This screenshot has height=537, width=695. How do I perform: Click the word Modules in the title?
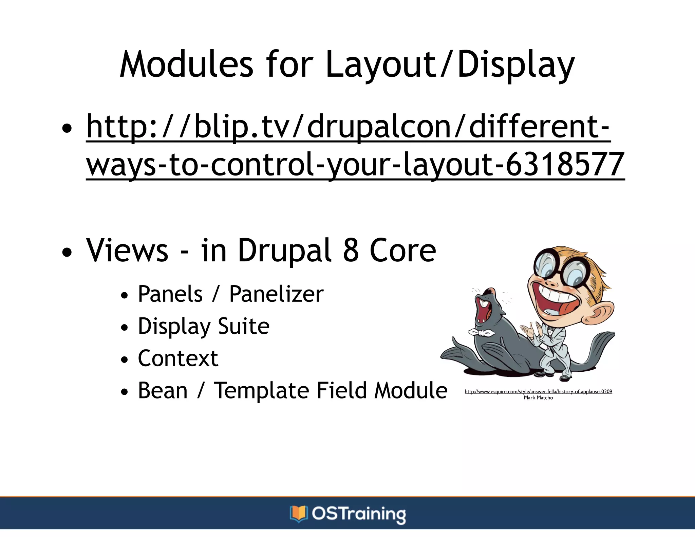[186, 64]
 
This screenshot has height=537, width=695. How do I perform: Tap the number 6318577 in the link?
[565, 164]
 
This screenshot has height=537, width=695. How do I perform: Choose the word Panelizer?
[276, 294]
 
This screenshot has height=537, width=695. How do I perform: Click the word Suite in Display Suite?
[244, 326]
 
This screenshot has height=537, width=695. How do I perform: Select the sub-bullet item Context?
[178, 358]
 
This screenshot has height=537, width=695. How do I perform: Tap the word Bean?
[163, 390]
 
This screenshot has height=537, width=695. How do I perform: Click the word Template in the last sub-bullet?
[261, 390]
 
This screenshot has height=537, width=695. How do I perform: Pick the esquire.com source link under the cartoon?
[538, 391]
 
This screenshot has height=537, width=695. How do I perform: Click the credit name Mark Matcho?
[538, 398]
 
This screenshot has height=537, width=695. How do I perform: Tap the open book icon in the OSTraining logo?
[298, 514]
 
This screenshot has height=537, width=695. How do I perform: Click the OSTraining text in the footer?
[358, 514]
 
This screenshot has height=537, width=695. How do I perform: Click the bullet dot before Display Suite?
[125, 328]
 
